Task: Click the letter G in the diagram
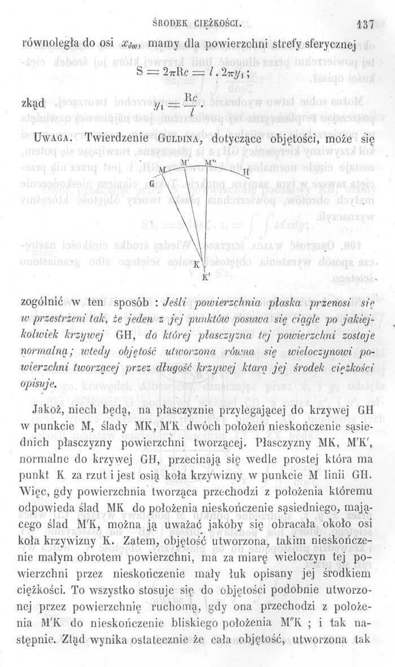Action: click(152, 183)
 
